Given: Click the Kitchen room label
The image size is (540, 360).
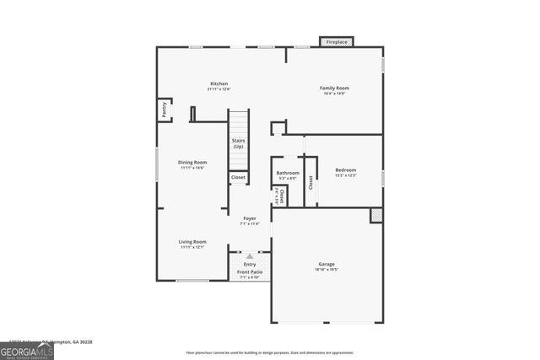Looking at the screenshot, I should [x=219, y=83].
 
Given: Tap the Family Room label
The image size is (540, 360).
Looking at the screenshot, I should [x=334, y=88].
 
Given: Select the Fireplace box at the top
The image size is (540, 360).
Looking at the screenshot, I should [x=336, y=41].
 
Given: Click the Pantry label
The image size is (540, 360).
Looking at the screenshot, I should [x=164, y=110].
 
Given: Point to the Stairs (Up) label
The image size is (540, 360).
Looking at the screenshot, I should [x=238, y=144].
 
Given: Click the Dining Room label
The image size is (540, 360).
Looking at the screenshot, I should [x=192, y=162].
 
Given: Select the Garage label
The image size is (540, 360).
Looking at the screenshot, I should [x=327, y=264].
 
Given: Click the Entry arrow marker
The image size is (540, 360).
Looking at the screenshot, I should [x=249, y=255].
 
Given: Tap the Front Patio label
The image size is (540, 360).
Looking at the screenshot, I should [x=249, y=271].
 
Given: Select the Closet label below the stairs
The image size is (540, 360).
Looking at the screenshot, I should [x=239, y=177].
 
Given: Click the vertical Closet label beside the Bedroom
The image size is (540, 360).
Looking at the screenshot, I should [x=310, y=181].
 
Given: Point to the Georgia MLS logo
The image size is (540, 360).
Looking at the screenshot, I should [x=27, y=348].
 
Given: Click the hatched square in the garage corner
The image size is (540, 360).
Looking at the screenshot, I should [x=376, y=215].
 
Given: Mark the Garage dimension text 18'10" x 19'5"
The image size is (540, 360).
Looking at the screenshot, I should [x=327, y=270].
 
